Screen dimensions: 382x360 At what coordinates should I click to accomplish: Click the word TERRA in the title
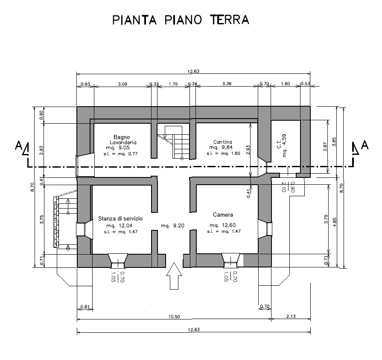[x=229, y=20]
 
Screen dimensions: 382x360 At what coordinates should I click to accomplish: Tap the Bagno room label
[x=122, y=137]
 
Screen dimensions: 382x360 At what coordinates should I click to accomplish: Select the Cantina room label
[x=222, y=142]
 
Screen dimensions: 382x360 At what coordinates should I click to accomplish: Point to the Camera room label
[x=223, y=215]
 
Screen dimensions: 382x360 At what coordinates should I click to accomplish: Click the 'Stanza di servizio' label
[x=120, y=218]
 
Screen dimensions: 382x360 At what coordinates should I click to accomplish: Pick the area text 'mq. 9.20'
[x=173, y=226]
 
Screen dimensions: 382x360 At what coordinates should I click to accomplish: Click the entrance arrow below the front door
[x=174, y=276]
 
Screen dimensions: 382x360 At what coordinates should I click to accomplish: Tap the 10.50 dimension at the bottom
[x=174, y=316]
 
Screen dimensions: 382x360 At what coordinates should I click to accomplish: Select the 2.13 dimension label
[x=291, y=316]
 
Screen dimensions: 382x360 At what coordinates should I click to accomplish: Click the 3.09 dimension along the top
[x=122, y=84]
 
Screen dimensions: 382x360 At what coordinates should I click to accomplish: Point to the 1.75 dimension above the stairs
[x=173, y=84]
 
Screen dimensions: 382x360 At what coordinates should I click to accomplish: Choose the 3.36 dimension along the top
[x=227, y=84]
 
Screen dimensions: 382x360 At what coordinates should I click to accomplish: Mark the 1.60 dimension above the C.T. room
[x=286, y=84]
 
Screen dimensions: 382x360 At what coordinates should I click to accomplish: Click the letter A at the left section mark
[x=18, y=145]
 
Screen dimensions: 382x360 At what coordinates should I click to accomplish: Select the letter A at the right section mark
[x=365, y=145]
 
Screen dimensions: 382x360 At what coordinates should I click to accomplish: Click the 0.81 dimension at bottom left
[x=85, y=307]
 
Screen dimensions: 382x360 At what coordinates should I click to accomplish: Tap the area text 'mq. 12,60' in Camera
[x=223, y=225]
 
